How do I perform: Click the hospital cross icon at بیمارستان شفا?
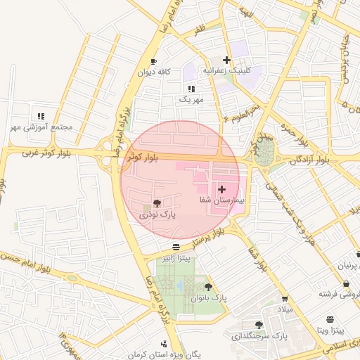point(222,189)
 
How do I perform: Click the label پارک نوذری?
point(159,214)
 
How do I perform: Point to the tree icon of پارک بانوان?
point(208,286)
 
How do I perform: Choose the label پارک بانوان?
point(210,297)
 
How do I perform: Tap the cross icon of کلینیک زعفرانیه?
point(226,60)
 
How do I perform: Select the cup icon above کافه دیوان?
point(154,62)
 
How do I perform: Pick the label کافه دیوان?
point(155,72)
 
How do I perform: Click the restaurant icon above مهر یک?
point(191,89)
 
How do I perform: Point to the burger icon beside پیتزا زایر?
point(175,247)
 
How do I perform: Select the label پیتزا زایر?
point(175,258)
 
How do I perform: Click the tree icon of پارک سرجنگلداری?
point(259,325)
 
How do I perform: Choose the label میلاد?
point(284,310)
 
